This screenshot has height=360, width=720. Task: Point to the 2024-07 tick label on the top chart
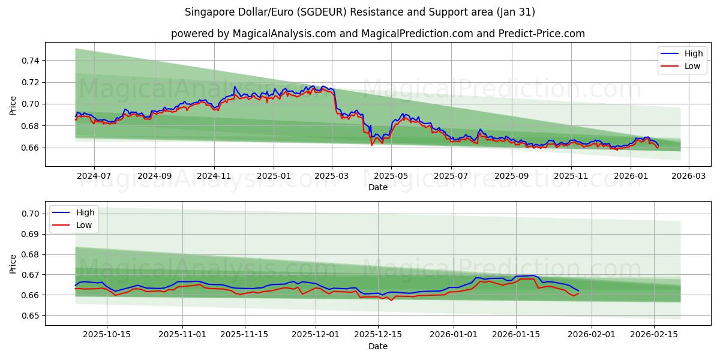(x=94, y=176)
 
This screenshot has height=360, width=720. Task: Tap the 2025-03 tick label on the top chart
(x=332, y=176)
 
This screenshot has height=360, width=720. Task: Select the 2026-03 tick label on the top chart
(x=688, y=176)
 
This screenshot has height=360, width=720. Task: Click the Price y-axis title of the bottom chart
(x=13, y=263)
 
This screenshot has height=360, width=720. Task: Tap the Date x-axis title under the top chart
(x=378, y=187)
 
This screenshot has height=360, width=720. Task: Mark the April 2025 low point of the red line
(x=371, y=145)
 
